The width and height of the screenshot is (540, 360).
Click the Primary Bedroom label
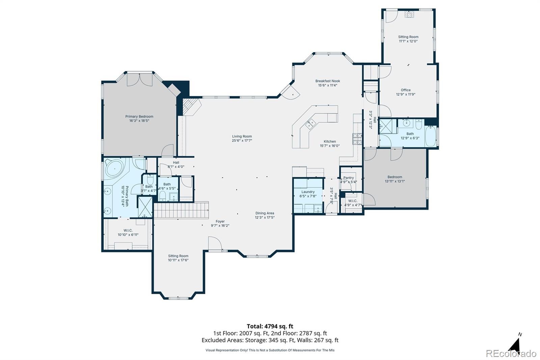coord(139,116)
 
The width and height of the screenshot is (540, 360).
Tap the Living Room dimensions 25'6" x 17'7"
coord(242,140)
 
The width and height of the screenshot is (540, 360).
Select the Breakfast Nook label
coord(328,81)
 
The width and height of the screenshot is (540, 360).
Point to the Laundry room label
coord(308,192)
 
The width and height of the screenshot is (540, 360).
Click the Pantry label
coord(349,178)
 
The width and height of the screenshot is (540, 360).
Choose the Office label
coord(406,90)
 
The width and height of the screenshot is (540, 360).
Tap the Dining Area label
coord(265,213)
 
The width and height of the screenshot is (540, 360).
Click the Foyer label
coord(220,221)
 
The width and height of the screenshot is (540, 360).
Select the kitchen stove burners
coord(357,139)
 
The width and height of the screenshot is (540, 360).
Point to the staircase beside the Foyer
coord(181,210)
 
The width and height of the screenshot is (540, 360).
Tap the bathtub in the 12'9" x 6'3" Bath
coord(431,136)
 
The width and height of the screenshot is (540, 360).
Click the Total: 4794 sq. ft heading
coord(270,326)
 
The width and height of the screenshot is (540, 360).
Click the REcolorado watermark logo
coord(511,354)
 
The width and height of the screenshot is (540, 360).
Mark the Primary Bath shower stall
coord(145,207)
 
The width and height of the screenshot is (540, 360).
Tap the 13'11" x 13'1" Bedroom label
coord(395,177)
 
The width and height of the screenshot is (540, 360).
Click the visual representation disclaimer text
coord(270,350)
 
